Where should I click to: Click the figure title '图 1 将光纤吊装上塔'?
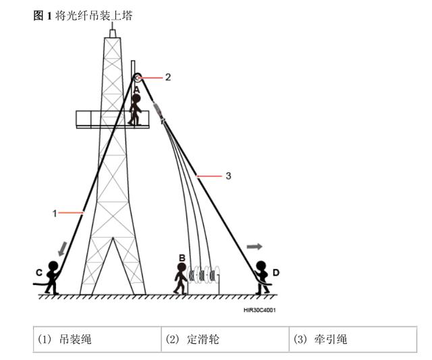(82, 16)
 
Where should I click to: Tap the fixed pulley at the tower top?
(136, 77)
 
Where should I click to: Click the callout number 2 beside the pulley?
(167, 77)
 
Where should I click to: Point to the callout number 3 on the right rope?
(228, 176)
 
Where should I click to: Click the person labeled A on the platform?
(136, 109)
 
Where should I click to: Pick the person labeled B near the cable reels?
(180, 278)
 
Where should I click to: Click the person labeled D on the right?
(261, 277)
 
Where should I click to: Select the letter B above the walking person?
(182, 257)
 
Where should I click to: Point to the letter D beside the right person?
(276, 273)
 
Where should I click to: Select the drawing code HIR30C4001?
(259, 311)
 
